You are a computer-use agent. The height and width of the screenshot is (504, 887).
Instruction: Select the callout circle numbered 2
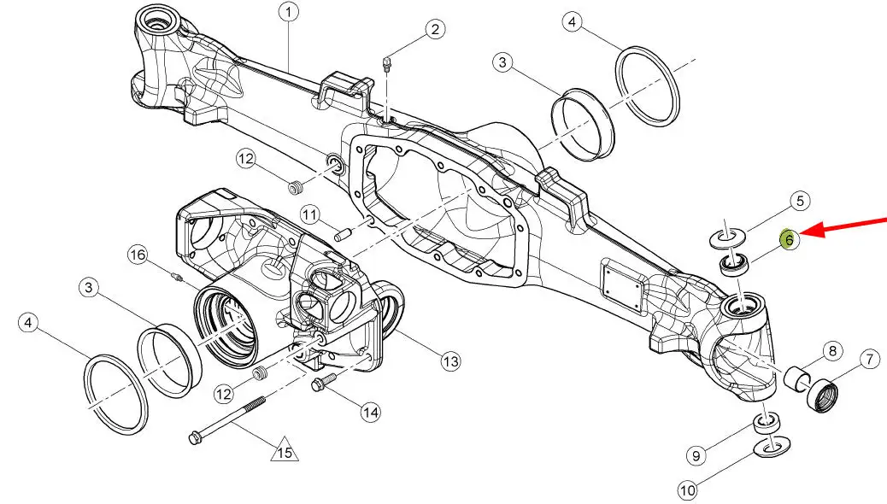[x=435, y=30]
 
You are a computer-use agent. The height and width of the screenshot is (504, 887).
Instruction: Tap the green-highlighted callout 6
[x=789, y=240]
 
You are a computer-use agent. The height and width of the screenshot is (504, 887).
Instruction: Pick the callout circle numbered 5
[x=799, y=202]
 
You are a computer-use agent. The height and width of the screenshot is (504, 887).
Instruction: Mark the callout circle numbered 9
[x=697, y=456]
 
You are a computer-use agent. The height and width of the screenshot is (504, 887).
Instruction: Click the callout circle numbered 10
[x=688, y=490]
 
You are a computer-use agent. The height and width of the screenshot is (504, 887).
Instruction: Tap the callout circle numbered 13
[x=450, y=362]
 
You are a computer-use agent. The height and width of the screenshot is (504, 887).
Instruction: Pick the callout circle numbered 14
[x=369, y=413]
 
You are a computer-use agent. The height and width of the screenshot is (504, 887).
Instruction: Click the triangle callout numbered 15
[x=285, y=450]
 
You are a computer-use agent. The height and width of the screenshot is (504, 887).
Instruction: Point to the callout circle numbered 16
[x=138, y=255]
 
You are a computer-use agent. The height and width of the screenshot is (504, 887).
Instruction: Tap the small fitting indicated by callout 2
[x=387, y=63]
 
